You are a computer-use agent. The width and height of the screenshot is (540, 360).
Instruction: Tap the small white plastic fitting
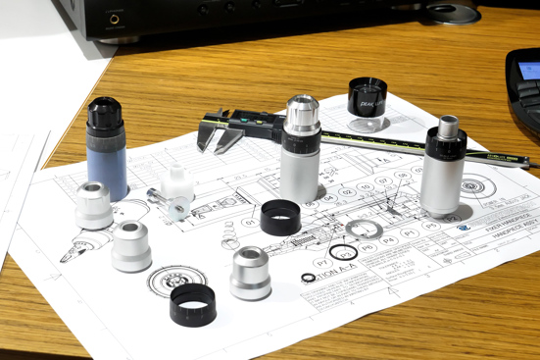click(177, 181)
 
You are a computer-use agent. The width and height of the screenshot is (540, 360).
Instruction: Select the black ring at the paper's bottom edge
click(192, 305)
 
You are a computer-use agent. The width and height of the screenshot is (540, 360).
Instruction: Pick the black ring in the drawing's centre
click(280, 217)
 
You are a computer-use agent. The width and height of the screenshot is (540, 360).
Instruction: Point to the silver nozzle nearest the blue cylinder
click(94, 205)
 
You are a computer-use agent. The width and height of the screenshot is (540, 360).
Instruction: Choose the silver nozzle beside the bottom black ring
click(250, 273)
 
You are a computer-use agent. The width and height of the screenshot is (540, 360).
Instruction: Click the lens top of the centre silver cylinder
click(303, 105)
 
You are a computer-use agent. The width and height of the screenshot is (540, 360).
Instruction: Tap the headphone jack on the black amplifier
click(115, 18)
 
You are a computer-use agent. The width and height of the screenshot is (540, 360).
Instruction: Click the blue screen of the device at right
click(529, 70)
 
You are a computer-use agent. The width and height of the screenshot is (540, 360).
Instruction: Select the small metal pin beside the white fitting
click(158, 196)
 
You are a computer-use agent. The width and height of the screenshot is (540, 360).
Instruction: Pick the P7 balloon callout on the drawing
click(321, 263)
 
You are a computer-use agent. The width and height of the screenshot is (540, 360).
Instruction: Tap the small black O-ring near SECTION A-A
click(309, 277)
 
